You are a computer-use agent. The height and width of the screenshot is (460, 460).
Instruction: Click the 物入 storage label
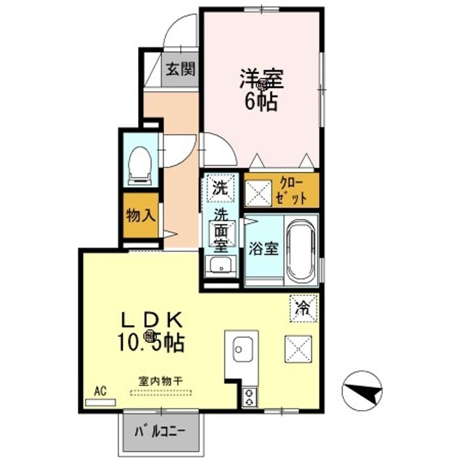tap(141, 215)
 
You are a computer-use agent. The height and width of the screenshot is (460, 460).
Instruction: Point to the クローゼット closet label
tap(293, 191)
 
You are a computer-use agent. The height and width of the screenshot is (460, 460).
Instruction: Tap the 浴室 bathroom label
tap(263, 249)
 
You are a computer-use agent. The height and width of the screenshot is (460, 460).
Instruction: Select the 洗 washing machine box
tap(220, 188)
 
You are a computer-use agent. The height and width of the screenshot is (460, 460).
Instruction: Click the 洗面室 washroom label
tap(221, 229)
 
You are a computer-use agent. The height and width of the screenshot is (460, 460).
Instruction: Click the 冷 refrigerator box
tap(303, 307)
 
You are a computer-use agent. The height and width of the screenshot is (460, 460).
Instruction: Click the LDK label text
tap(154, 319)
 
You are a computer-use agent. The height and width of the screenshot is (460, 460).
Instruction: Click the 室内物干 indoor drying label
tap(161, 381)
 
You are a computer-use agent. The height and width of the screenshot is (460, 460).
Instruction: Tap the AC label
tap(100, 391)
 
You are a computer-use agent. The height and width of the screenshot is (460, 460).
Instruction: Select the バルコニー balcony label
tap(160, 431)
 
